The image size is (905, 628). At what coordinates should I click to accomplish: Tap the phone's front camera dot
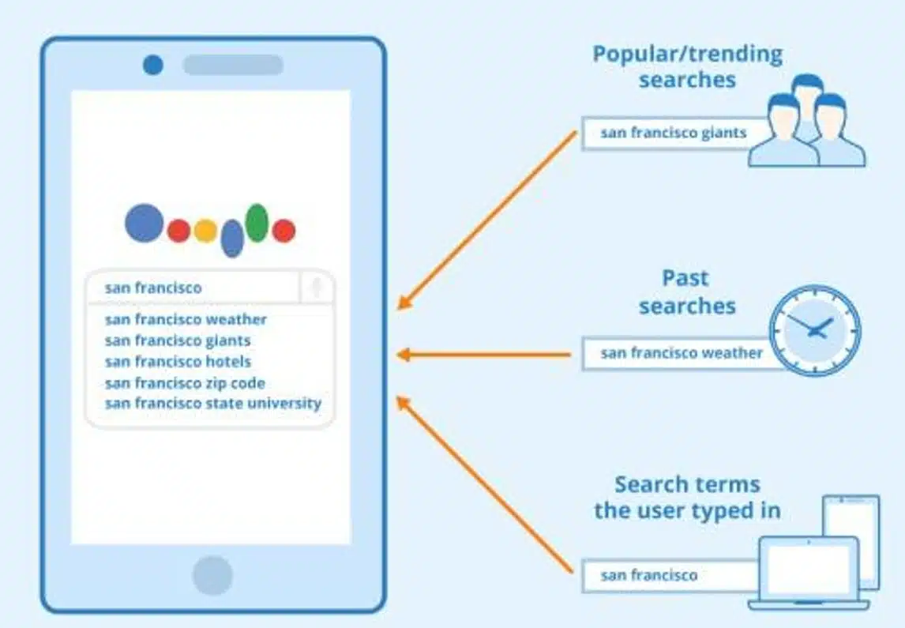coord(153,65)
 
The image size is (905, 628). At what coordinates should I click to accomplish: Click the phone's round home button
coord(212,576)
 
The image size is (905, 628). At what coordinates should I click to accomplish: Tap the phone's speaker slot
coord(233,65)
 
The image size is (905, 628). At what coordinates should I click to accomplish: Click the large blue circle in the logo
coord(145,222)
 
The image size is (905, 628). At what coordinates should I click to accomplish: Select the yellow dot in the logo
coord(205,231)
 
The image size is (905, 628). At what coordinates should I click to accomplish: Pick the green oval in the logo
coord(257,223)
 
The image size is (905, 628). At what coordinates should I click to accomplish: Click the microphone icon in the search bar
coord(317,287)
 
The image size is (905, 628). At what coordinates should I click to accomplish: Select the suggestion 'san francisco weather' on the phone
coord(186,319)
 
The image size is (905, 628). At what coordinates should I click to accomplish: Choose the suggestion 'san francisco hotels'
coord(178,362)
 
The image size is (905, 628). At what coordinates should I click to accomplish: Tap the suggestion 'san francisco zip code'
coord(185,383)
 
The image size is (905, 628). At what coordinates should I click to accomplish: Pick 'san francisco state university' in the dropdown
coord(213,403)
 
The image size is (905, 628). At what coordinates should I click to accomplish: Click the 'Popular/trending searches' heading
coord(687,66)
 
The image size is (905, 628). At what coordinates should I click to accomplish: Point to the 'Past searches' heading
coord(687,292)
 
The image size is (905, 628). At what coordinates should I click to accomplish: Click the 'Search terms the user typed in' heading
coord(687,498)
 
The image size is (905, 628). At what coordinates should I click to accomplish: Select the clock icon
coord(815,331)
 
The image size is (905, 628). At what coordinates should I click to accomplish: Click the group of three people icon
coord(807,121)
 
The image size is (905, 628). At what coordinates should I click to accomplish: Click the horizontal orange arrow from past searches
coord(484,355)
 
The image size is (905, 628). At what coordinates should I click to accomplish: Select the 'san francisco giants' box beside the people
coord(674,133)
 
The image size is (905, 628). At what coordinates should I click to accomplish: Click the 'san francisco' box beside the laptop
coord(670,576)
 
